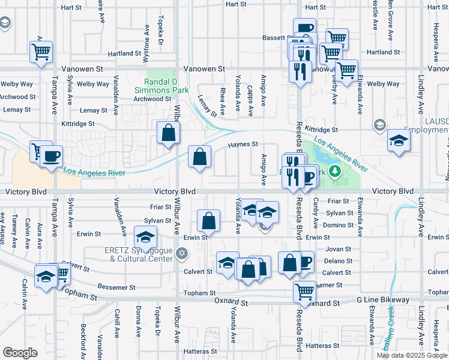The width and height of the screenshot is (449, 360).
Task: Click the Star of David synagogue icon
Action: (x=182, y=255)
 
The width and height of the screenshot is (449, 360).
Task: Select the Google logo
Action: (x=20, y=353)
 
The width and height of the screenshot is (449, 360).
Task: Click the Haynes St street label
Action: (x=243, y=144)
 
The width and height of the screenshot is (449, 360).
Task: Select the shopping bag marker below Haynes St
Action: (x=200, y=157)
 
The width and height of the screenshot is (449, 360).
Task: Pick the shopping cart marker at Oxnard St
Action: (x=304, y=292)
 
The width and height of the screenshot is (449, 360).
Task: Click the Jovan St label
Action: (x=338, y=249)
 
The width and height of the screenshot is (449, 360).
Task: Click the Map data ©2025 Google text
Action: (x=411, y=355)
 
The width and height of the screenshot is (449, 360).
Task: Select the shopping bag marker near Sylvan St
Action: (x=208, y=221)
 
